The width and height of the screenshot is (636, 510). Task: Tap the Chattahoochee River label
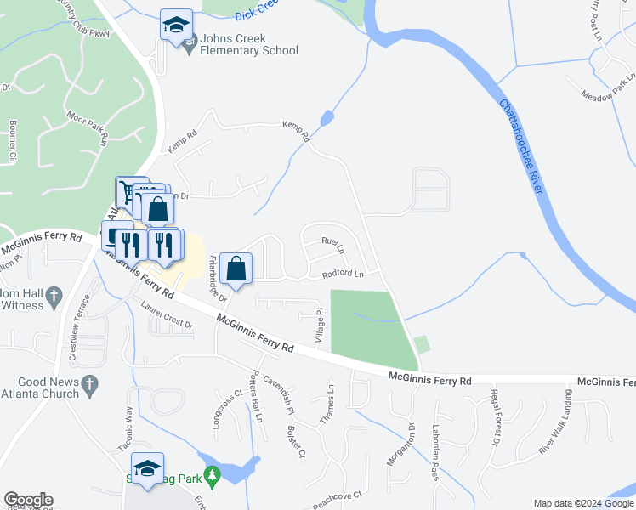pos(521,145)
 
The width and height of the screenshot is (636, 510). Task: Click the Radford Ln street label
pos(343,274)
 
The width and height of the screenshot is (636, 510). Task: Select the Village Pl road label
pos(321,326)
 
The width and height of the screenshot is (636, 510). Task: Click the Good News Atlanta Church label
pos(43,388)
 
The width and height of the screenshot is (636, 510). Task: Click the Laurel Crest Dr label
pos(168,319)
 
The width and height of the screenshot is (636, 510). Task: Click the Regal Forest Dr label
pos(493,416)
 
